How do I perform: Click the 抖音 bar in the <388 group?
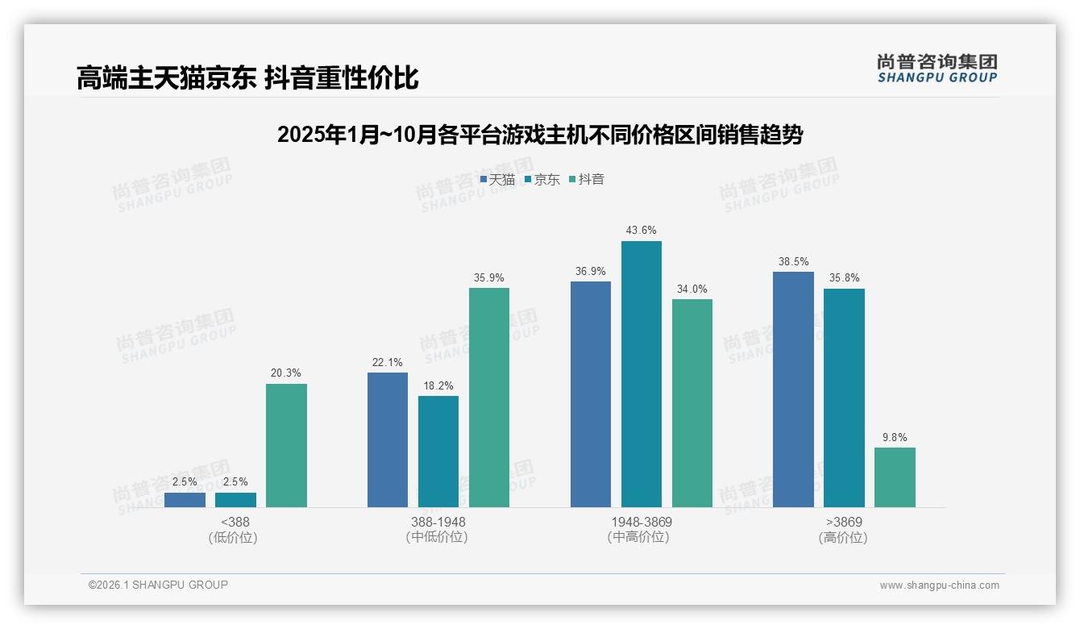(286, 445)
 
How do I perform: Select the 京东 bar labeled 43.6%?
(642, 374)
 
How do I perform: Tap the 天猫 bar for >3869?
(793, 389)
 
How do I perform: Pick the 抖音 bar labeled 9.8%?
(895, 477)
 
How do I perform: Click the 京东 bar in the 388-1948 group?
(438, 452)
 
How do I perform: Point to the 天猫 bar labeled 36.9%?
(591, 394)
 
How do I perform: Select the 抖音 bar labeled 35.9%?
(489, 398)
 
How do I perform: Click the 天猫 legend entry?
(497, 180)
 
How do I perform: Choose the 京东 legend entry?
(542, 180)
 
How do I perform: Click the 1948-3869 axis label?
(642, 523)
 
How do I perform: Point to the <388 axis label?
(235, 523)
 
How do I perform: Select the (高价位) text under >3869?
(843, 538)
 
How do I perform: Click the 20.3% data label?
(286, 373)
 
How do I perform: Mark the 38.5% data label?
(793, 262)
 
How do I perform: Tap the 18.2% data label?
(438, 385)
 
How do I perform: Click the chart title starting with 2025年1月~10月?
(540, 135)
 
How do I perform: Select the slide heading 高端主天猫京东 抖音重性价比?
(247, 78)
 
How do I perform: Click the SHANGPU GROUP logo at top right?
(937, 69)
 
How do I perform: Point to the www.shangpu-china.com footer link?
(939, 585)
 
